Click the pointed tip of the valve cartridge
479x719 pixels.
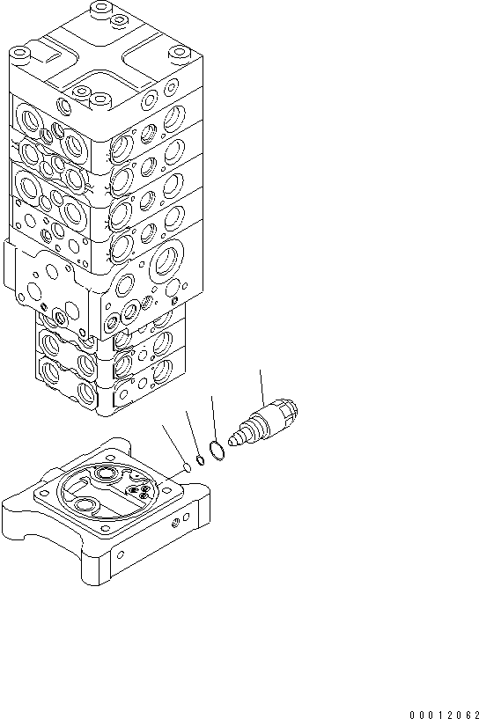click(233, 437)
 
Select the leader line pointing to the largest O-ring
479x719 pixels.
click(213, 419)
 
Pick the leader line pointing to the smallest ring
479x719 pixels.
click(173, 444)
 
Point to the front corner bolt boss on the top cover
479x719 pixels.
click(99, 98)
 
